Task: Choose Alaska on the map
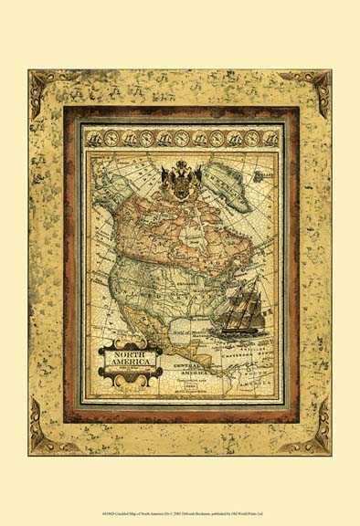click(106, 196)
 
